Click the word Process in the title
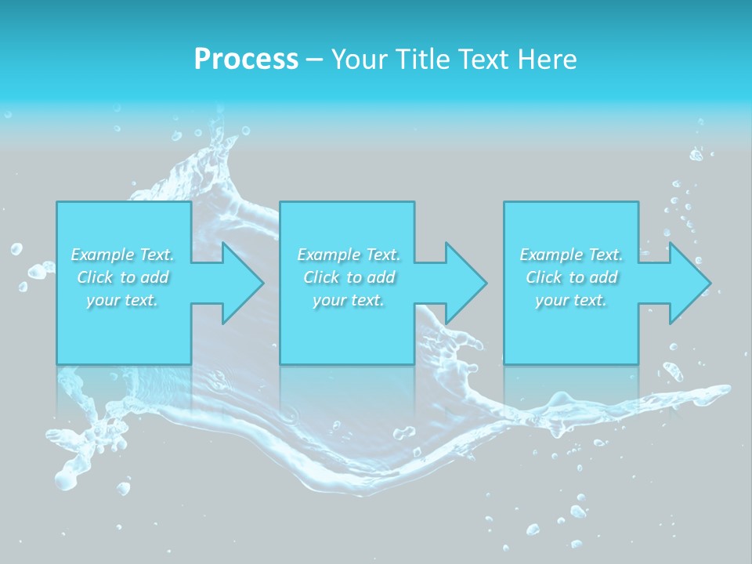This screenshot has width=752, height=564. (x=246, y=59)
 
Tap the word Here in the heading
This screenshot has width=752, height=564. (x=548, y=59)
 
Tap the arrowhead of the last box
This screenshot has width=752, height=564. (x=689, y=283)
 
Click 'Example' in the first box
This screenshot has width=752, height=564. (x=103, y=255)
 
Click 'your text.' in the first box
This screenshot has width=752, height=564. (x=122, y=300)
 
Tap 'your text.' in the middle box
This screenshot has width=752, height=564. (x=349, y=300)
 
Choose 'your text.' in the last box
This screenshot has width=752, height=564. (x=571, y=300)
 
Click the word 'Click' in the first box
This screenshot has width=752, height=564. (x=95, y=277)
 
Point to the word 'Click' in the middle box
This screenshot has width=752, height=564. (x=321, y=277)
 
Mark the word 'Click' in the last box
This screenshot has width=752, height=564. (x=544, y=277)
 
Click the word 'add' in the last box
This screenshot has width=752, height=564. (x=604, y=277)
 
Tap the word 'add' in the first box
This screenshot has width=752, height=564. (x=155, y=277)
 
